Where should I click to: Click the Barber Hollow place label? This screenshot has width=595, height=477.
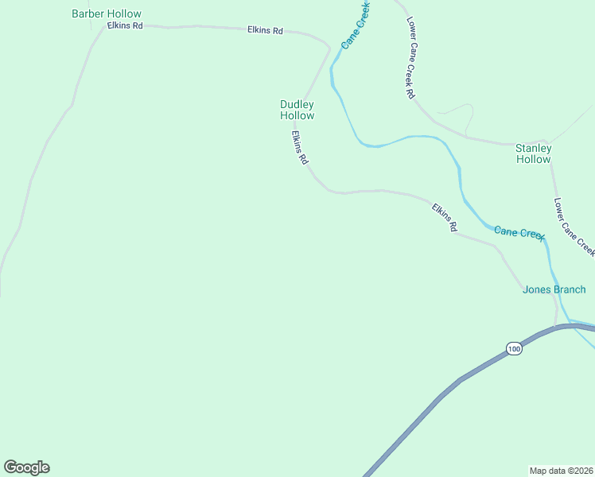point(106,14)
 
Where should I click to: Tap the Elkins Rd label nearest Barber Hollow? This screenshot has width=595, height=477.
point(125,26)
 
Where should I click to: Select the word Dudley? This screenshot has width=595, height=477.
point(297,104)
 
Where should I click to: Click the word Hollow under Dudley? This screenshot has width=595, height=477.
point(297,116)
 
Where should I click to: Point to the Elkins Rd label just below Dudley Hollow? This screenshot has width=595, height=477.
point(298,148)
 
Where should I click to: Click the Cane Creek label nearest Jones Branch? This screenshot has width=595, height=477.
point(519,232)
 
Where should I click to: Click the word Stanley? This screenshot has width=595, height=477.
point(533,148)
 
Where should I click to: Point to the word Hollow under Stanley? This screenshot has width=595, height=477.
point(533,160)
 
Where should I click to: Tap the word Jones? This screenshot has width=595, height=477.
point(536,289)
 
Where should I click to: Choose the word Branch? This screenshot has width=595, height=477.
point(570,289)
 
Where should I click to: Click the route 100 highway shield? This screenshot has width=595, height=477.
point(514,348)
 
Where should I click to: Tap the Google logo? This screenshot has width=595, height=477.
point(26,467)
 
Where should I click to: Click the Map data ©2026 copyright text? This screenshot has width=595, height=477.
point(561,470)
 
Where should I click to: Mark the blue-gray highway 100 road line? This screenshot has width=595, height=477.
point(445,394)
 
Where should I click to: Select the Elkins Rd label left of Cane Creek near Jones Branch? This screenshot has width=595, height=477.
point(445,218)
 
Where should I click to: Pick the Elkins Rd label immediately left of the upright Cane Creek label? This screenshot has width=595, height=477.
point(265,30)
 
